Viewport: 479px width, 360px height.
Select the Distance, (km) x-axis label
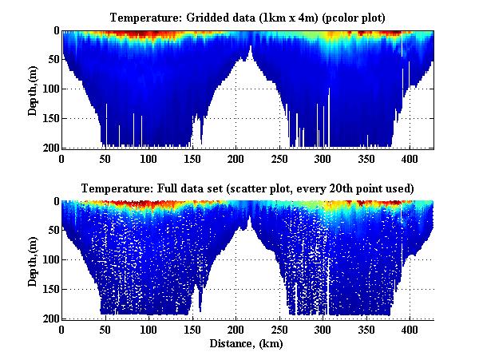coord(247,344)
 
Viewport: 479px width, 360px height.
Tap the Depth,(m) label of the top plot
coord(34,90)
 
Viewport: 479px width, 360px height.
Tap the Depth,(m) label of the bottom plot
coord(34,260)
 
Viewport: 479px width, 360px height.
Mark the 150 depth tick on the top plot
coord(49,118)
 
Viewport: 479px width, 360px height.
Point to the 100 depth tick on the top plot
coord(49,89)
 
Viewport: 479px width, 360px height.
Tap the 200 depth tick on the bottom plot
coord(49,318)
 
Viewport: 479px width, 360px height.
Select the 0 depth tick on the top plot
coord(54,30)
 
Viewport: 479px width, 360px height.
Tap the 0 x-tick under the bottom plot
coord(61,330)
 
